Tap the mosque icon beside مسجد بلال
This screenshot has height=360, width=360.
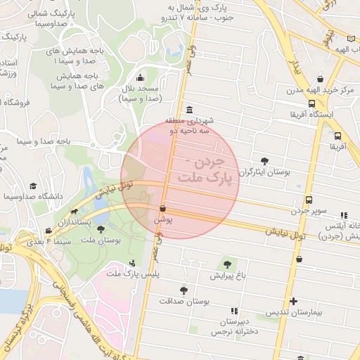pyautogui.click(x=140, y=78)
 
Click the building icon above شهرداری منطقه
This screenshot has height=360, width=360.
pyautogui.click(x=191, y=110)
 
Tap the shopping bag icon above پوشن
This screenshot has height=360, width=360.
pyautogui.click(x=163, y=208)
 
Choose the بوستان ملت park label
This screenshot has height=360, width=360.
pyautogui.click(x=101, y=240)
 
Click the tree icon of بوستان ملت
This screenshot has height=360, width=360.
pyautogui.click(x=101, y=229)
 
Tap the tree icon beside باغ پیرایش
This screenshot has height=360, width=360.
pyautogui.click(x=228, y=265)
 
